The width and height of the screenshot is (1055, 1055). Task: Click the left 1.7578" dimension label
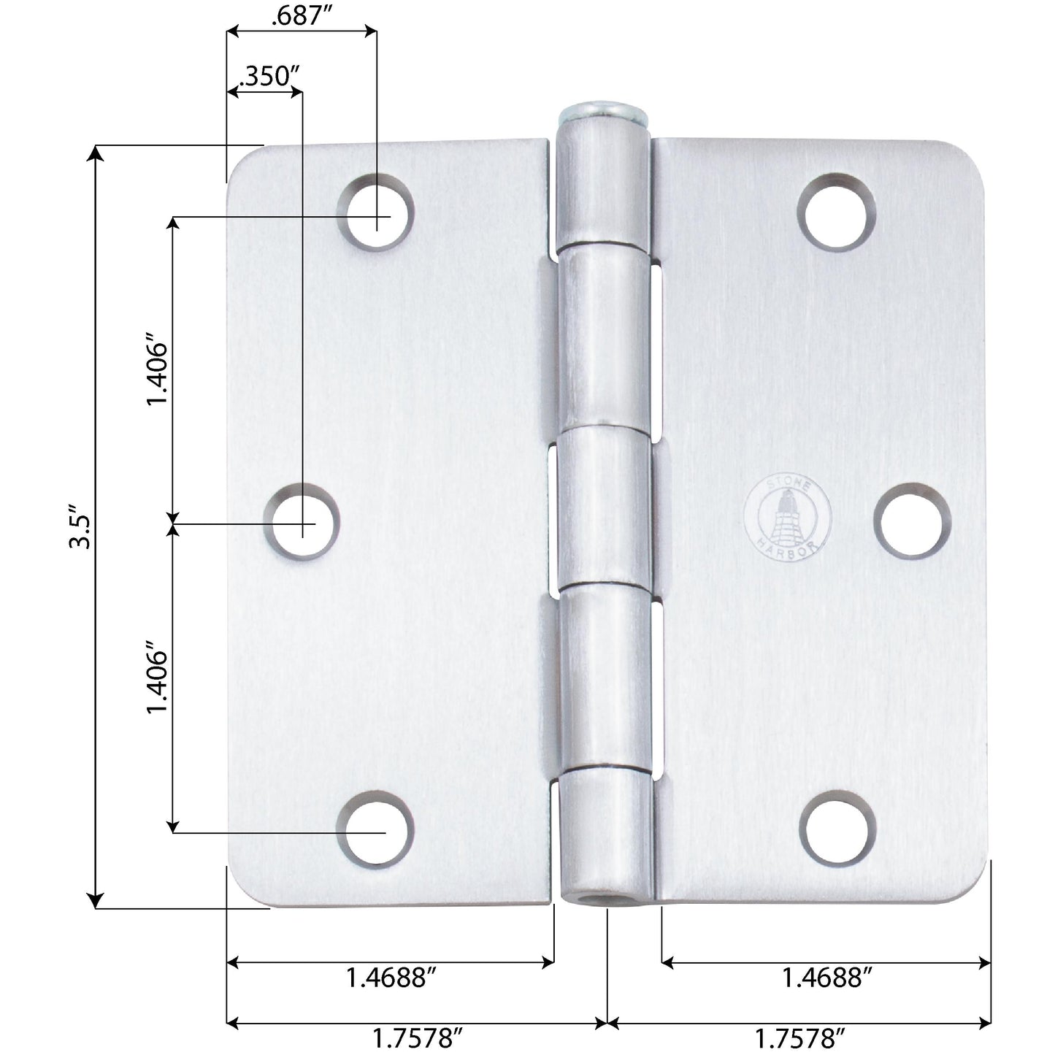click(418, 1037)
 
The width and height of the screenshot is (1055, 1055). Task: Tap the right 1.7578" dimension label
click(800, 1037)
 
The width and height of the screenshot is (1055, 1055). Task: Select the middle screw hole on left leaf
click(302, 523)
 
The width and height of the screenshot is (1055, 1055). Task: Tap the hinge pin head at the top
click(604, 115)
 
